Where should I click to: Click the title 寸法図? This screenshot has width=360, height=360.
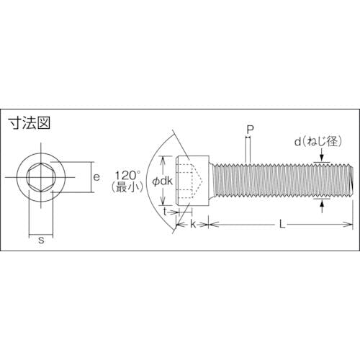point(30,123)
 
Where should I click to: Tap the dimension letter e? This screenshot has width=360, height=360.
point(96,177)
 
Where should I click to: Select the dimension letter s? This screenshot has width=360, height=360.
point(41,240)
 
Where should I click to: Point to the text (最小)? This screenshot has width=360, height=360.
point(127,187)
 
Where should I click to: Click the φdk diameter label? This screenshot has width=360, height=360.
point(162,181)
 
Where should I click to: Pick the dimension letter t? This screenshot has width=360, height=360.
point(165,212)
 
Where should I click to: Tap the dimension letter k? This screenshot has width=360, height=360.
point(193,225)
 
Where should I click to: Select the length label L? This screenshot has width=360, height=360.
point(282,225)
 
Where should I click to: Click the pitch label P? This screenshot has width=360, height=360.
point(251,130)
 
